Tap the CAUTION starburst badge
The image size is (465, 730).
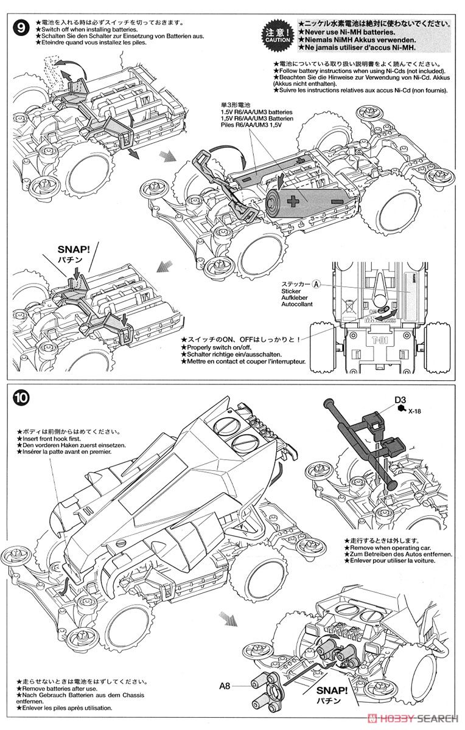(x=278, y=33)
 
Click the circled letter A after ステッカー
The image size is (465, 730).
(x=316, y=283)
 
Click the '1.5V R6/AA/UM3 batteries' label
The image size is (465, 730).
(x=256, y=113)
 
